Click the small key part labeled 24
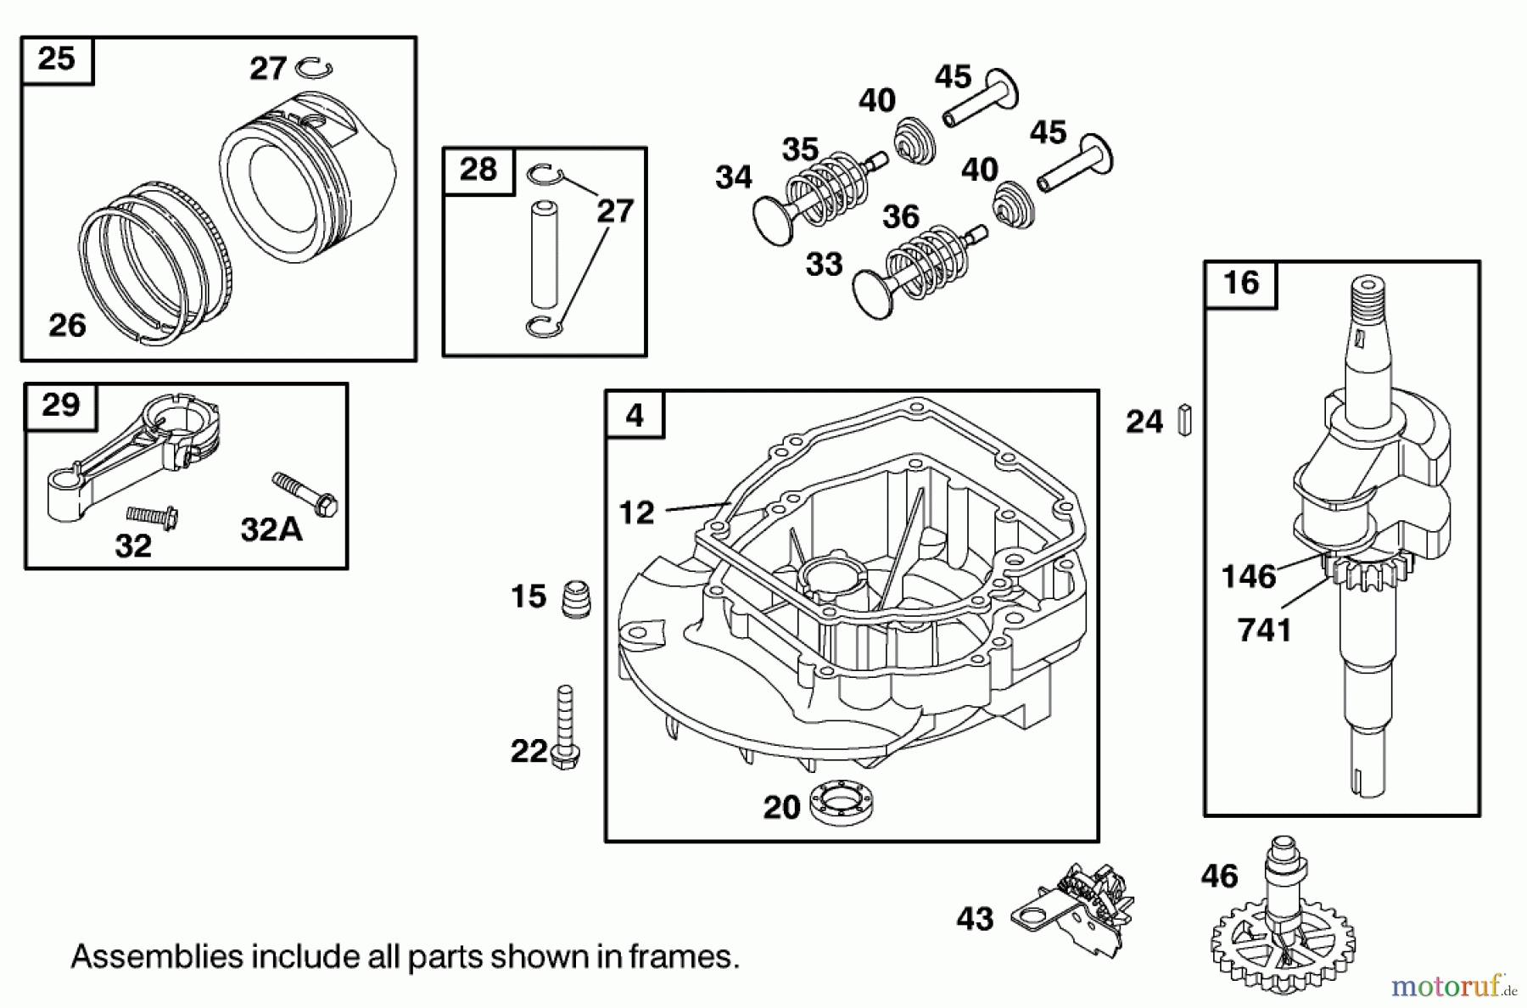[x=1185, y=421]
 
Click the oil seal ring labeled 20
[x=842, y=804]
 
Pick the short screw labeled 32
[x=151, y=516]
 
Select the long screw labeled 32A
[x=305, y=494]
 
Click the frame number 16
[x=1240, y=283]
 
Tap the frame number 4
[x=635, y=415]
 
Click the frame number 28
[x=478, y=170]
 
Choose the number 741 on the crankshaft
[x=1264, y=630]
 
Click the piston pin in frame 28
[x=544, y=253]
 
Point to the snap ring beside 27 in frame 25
[x=314, y=67]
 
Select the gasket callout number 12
[x=636, y=513]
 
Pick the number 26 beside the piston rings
[x=67, y=326]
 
